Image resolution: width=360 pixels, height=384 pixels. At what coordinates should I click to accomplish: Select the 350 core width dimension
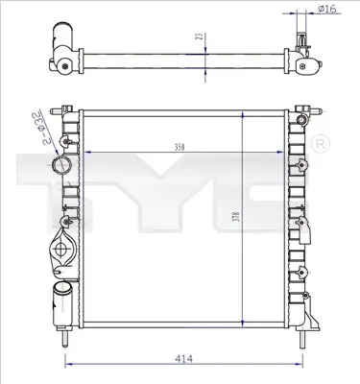tap(179, 148)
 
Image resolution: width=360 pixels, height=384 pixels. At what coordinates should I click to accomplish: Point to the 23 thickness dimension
tap(198, 38)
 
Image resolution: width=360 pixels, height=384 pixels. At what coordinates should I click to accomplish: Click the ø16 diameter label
tap(327, 10)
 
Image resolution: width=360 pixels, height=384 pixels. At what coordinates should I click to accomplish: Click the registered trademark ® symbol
tap(321, 144)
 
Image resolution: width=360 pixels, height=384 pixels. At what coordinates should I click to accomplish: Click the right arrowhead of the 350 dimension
tap(284, 155)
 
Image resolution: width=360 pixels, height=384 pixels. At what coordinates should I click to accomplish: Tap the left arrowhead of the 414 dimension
tap(67, 365)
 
